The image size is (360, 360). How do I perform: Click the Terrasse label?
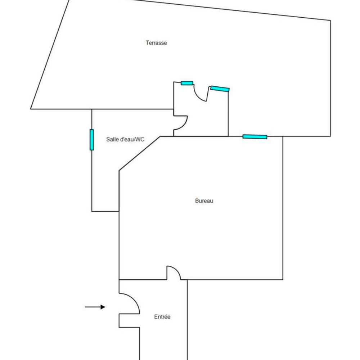[156, 43]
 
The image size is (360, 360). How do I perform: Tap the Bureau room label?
[204, 201]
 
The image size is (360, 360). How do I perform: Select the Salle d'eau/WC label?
[125, 139]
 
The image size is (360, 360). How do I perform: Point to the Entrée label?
[162, 317]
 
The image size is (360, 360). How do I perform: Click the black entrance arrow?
[95, 307]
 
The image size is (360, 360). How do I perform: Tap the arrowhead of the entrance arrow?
[103, 307]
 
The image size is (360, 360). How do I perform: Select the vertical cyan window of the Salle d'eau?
[91, 140]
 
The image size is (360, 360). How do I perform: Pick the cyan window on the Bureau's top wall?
[255, 137]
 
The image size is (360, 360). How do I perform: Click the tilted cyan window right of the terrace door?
[220, 89]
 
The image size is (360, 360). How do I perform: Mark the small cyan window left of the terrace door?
[187, 83]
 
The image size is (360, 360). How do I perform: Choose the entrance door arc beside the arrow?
[134, 298]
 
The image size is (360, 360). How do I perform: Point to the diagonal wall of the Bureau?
[139, 154]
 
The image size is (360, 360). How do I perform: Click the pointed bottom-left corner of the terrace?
[31, 109]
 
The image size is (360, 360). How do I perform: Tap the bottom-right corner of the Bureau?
[283, 279]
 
